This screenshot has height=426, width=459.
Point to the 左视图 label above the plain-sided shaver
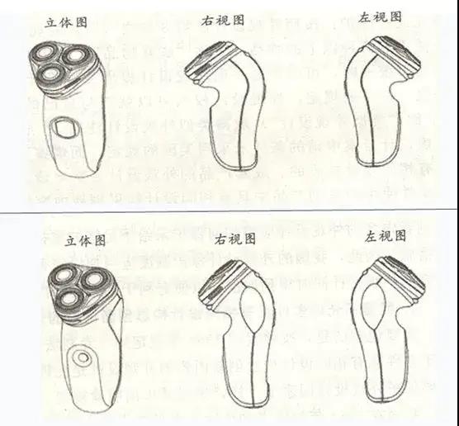381,16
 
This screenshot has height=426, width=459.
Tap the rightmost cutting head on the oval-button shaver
78,54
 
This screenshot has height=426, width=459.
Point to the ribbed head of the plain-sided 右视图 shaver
202,63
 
